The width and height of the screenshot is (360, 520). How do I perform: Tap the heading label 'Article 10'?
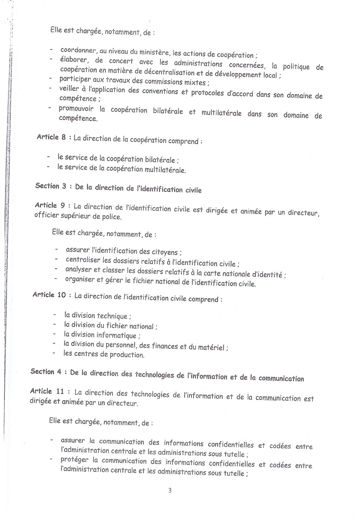(48, 295)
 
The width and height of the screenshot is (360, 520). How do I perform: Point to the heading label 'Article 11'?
(47, 391)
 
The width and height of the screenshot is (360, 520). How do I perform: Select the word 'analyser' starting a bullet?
(79, 270)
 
